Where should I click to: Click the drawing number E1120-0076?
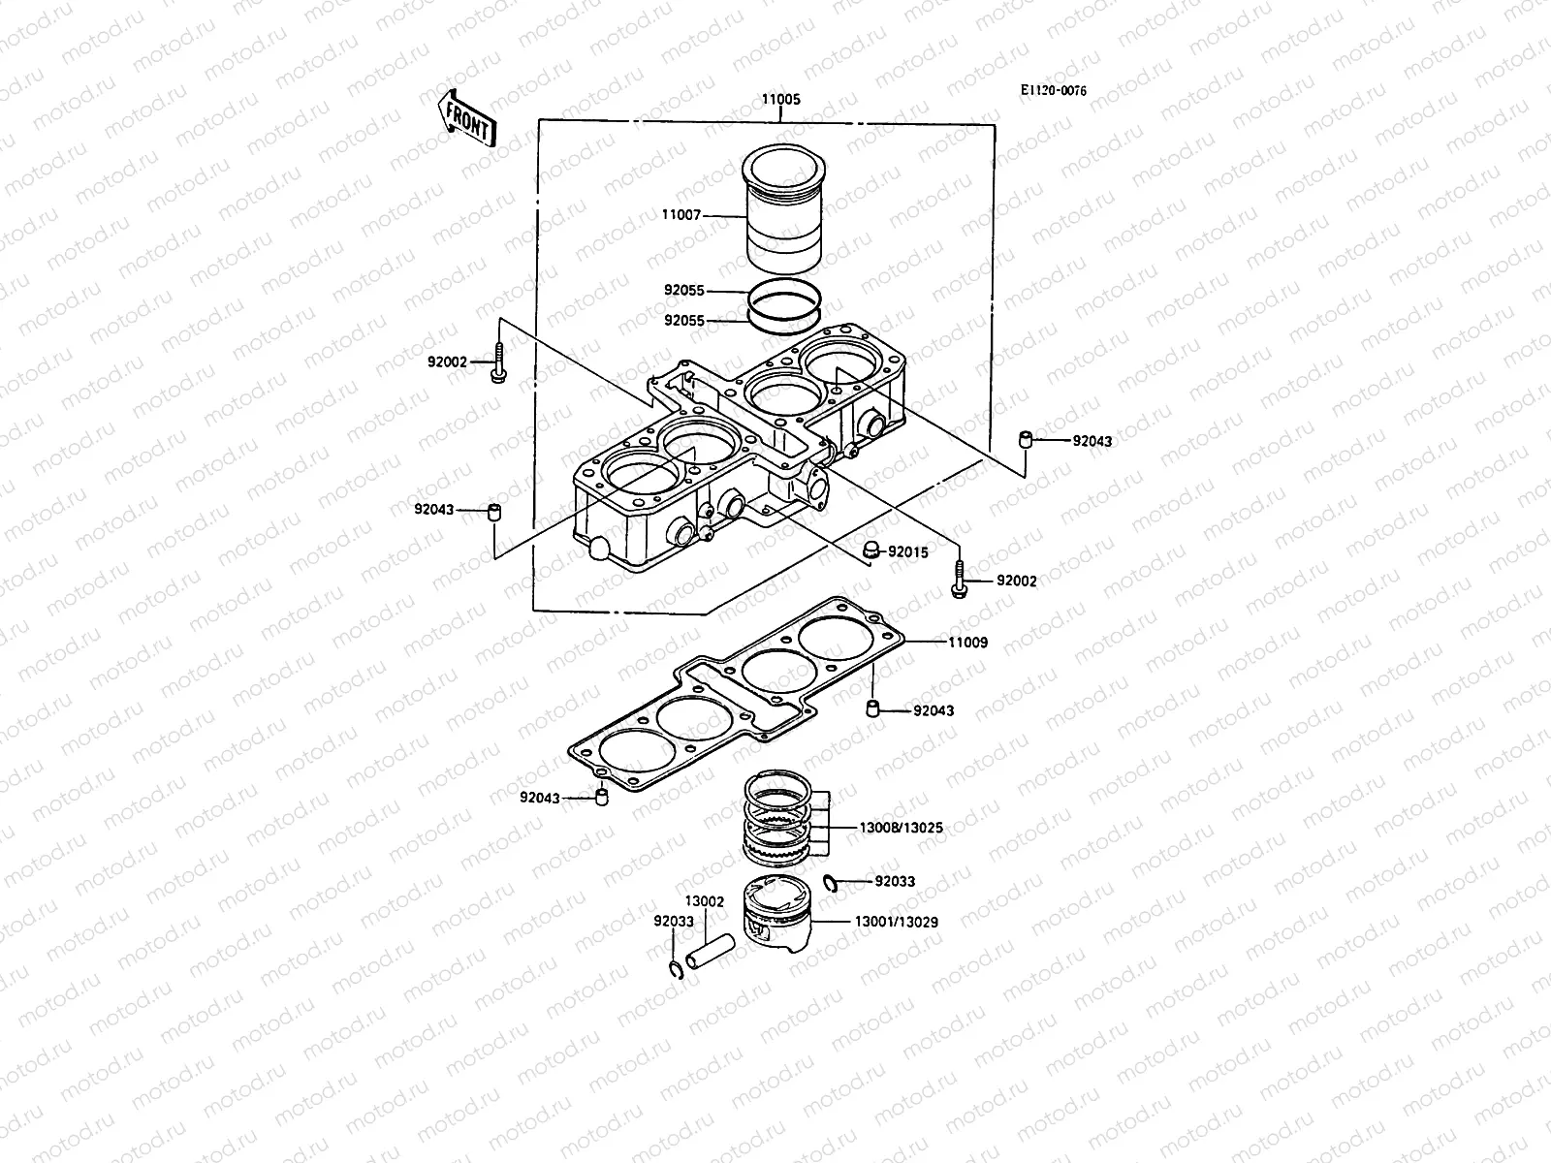1054,90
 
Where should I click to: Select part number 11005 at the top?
780,100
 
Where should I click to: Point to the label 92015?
907,552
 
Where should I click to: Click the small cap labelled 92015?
870,550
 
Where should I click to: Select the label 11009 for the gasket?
967,642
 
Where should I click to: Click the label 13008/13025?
901,829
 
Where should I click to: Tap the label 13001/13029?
897,922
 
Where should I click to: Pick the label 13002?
704,901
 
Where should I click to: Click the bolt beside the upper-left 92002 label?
498,363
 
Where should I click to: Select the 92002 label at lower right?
1016,581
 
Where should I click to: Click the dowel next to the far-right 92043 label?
1024,442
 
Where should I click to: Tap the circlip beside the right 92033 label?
830,881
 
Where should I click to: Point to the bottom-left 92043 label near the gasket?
539,799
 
